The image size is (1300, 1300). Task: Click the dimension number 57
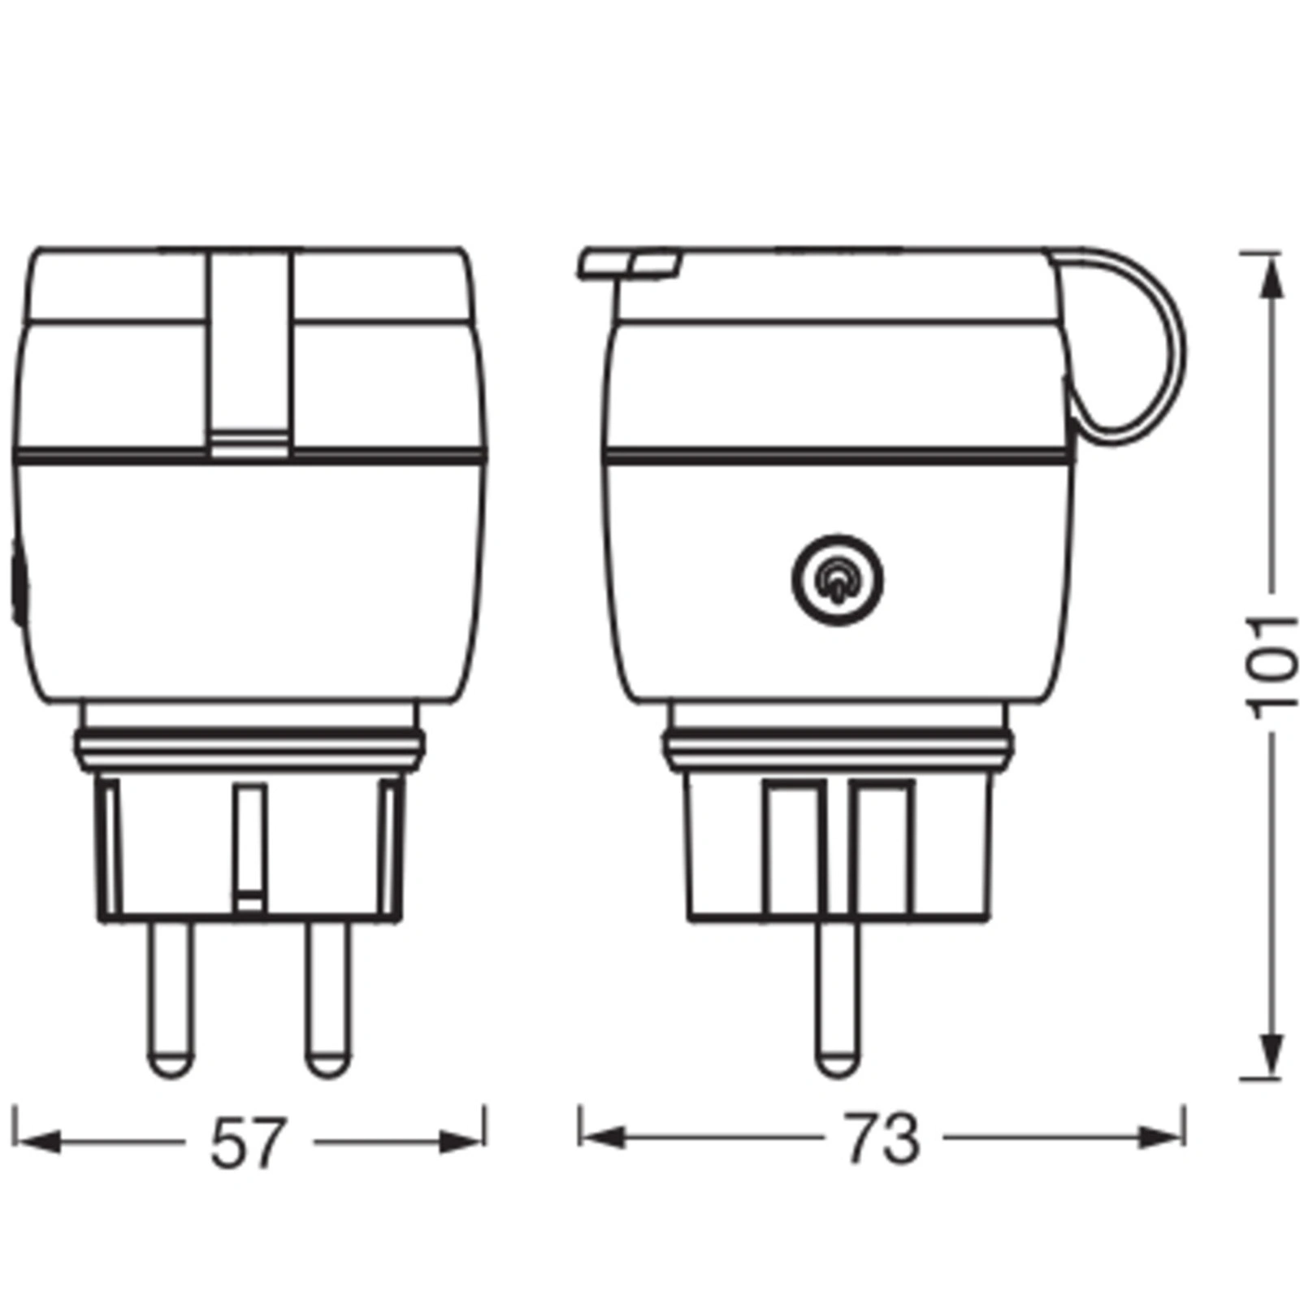[x=249, y=1142]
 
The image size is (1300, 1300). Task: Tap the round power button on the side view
[x=837, y=580]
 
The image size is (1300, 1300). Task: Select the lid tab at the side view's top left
[x=630, y=263]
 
